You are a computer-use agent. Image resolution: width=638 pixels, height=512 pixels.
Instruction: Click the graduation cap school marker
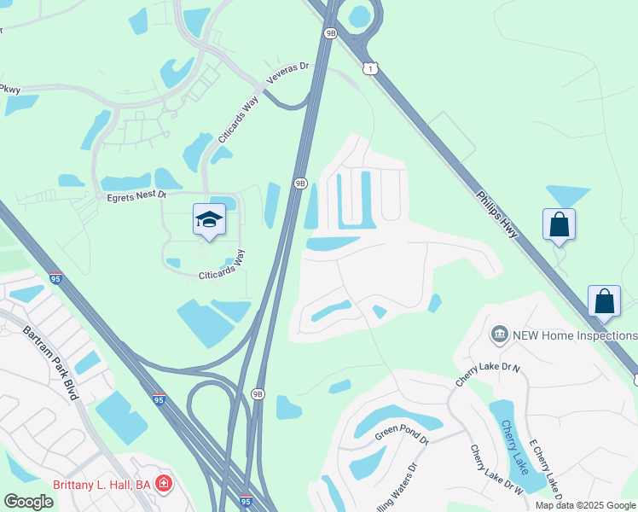pos(209,219)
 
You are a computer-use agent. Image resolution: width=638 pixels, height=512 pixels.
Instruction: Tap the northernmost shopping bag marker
pos(559,224)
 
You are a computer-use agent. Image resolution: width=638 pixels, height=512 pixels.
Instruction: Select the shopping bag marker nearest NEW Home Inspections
pos(604,301)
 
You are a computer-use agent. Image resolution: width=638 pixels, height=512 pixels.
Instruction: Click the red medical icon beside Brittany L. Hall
pos(163,485)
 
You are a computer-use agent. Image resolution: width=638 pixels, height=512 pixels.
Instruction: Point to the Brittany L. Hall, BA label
pos(101,485)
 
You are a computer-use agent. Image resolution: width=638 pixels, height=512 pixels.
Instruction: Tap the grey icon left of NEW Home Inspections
pos(500,335)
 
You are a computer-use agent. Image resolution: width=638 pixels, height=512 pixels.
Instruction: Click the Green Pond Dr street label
pos(402,437)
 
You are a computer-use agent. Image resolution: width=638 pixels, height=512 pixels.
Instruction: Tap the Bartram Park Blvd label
pos(50,362)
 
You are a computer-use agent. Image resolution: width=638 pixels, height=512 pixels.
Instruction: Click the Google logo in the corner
pos(28,502)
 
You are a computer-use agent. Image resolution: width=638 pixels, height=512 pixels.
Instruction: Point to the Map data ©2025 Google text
pos(585,505)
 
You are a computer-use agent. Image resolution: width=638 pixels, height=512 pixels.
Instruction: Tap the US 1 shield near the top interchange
pos(369,68)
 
